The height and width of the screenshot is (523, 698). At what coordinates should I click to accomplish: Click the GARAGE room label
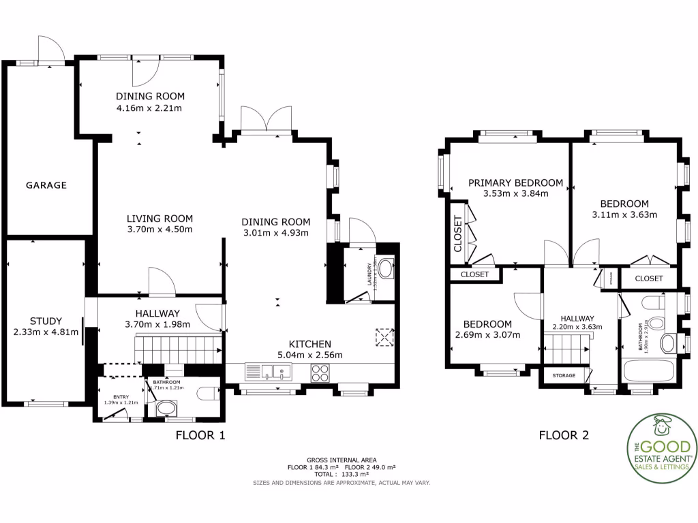(x=46, y=185)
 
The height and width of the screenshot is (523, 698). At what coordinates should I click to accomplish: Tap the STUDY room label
(x=46, y=321)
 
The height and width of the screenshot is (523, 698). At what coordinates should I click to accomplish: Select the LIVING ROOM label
(x=160, y=219)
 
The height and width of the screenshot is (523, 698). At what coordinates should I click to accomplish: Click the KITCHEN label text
(x=309, y=344)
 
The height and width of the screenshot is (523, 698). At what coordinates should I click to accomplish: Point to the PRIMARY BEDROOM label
(x=515, y=183)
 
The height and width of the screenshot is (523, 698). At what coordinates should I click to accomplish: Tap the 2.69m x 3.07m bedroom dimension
(x=487, y=334)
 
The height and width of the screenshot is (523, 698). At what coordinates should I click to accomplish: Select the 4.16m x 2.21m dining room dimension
(x=150, y=108)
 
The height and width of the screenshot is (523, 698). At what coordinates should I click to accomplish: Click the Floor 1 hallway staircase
(x=181, y=349)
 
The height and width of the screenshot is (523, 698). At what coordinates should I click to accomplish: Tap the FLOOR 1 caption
(x=200, y=435)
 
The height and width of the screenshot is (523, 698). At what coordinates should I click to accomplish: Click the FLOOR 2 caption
(x=564, y=435)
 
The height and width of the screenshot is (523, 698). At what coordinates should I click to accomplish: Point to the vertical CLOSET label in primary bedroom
(x=458, y=234)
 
